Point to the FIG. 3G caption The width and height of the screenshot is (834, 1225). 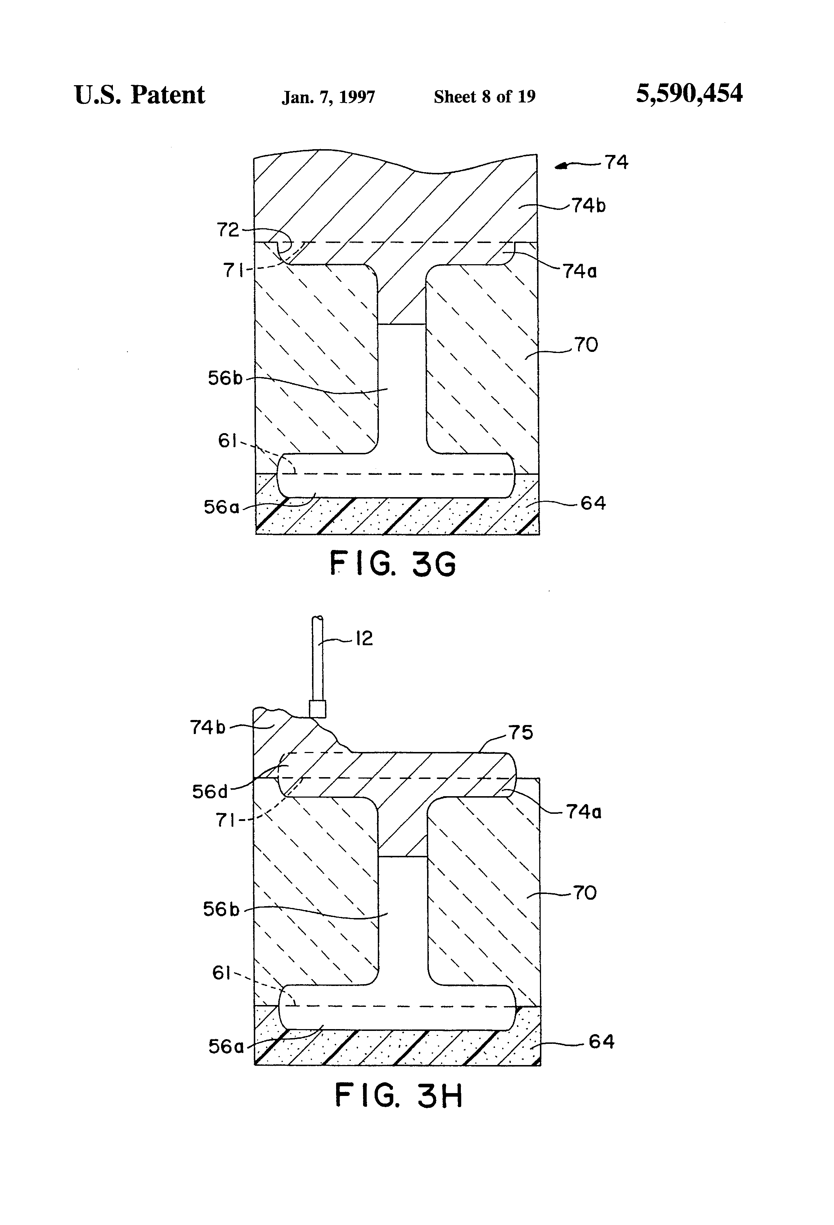tap(393, 564)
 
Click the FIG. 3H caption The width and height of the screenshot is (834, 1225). tap(399, 1096)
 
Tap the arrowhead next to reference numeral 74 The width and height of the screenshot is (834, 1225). tap(562, 166)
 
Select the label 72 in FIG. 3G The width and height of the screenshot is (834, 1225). tap(228, 230)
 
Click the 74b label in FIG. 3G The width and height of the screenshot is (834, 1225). tap(588, 206)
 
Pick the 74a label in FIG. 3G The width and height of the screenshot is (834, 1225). tap(580, 271)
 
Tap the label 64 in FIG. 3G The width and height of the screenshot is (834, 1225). tap(593, 503)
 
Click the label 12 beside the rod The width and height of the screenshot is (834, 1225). tap(364, 639)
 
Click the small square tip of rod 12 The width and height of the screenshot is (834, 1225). tap(317, 708)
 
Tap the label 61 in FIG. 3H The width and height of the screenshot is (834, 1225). tap(221, 973)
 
